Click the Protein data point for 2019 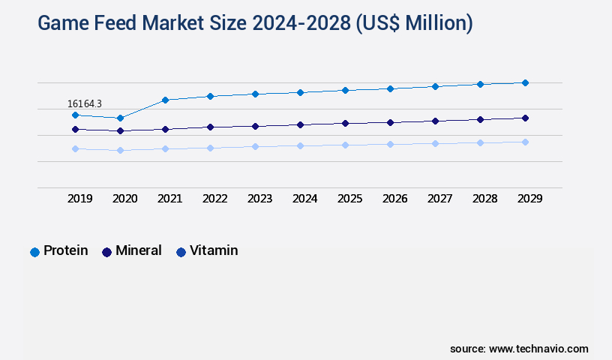click(x=75, y=115)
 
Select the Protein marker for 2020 click(x=120, y=118)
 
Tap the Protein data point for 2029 click(x=525, y=82)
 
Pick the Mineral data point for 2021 click(x=165, y=129)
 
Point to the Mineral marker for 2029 click(x=525, y=118)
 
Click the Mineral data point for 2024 click(x=300, y=124)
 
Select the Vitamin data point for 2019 click(x=75, y=148)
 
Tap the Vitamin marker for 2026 click(x=390, y=144)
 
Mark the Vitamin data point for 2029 click(x=525, y=142)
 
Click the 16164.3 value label click(x=85, y=103)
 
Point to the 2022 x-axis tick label click(x=214, y=199)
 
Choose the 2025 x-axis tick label click(x=349, y=199)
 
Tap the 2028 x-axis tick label click(x=484, y=199)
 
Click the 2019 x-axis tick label click(x=79, y=199)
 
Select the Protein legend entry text click(x=65, y=250)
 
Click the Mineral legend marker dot click(x=106, y=252)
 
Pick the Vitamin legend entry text click(x=214, y=250)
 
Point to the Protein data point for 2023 click(x=255, y=94)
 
